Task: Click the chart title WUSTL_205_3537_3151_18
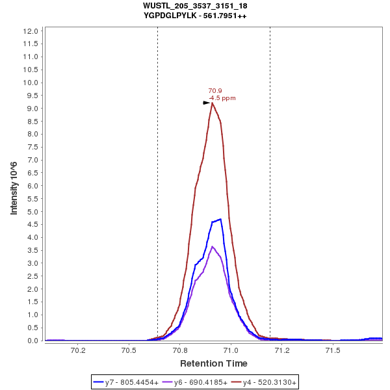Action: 195,6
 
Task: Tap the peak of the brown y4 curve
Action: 212,103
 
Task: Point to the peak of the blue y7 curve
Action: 221,219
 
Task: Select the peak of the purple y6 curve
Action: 213,246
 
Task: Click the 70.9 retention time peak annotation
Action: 215,91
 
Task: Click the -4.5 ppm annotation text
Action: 222,98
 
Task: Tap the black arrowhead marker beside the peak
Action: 207,102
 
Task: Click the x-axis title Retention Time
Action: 213,363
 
